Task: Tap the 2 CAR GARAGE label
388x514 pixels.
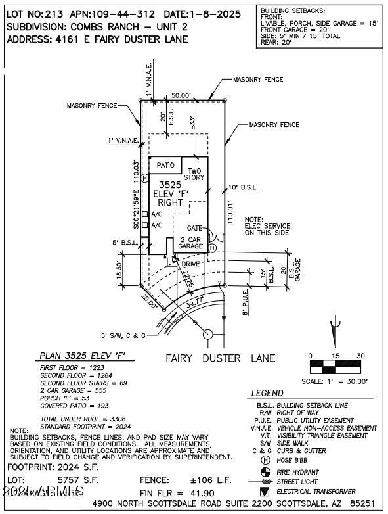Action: tap(190, 242)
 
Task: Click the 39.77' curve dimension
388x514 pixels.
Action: tap(195, 304)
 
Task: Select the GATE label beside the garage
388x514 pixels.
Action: tap(194, 228)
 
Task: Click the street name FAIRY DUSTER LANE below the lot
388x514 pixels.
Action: tap(219, 359)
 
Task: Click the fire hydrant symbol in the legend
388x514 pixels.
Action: tap(265, 472)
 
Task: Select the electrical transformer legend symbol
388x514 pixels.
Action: tap(265, 491)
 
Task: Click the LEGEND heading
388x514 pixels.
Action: tap(267, 393)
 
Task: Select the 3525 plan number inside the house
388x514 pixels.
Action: tap(170, 185)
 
